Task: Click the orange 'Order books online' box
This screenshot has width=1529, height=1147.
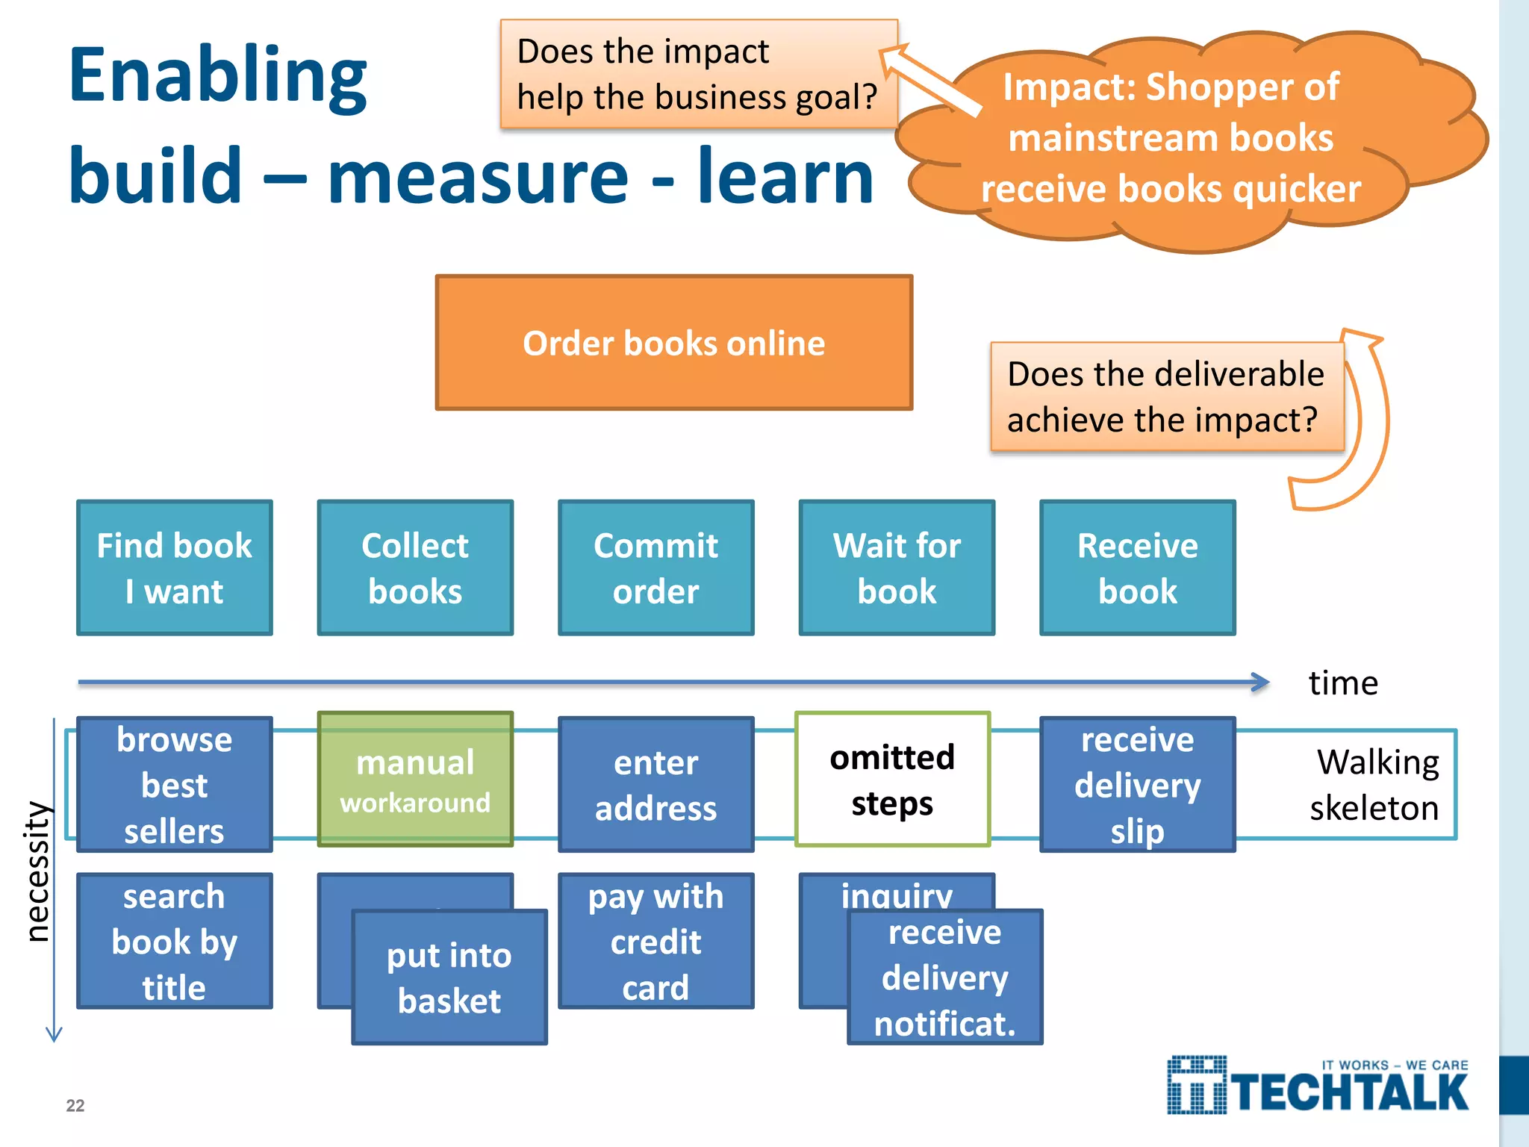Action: point(673,343)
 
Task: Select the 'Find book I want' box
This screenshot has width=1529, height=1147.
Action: point(175,568)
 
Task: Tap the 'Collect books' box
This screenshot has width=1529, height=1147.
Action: point(415,568)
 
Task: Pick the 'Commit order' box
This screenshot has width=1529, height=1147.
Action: point(655,568)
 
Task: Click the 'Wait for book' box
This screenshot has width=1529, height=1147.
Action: point(897,568)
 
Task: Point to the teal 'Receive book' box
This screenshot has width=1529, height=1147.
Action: point(1137,568)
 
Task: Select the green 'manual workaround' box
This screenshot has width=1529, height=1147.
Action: point(415,779)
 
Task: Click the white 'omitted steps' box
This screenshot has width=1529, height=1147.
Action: point(892,779)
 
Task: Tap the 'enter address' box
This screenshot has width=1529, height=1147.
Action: point(655,784)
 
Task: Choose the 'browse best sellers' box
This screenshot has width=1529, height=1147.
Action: point(175,784)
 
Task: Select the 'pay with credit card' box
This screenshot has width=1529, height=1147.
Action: point(655,941)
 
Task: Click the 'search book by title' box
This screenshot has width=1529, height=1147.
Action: point(175,941)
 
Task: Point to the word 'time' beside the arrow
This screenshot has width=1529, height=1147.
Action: point(1342,683)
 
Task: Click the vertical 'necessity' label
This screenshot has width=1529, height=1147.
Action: point(37,871)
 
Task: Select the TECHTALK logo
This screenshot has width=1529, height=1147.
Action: point(1318,1087)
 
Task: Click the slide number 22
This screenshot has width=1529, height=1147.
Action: point(75,1105)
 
